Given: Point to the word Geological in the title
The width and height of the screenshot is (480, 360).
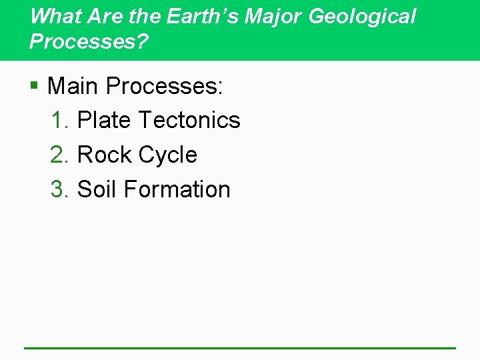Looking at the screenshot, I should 363,17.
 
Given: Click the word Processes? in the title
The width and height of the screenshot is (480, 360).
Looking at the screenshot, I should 89,41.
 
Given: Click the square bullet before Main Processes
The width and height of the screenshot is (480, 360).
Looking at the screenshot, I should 34,86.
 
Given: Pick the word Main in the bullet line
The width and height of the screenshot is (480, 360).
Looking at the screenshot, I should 73,85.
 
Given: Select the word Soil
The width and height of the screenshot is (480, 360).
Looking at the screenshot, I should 98,189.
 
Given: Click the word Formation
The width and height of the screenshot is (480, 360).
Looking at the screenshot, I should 177,189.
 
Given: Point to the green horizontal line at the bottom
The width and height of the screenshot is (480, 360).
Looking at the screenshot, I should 240,347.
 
